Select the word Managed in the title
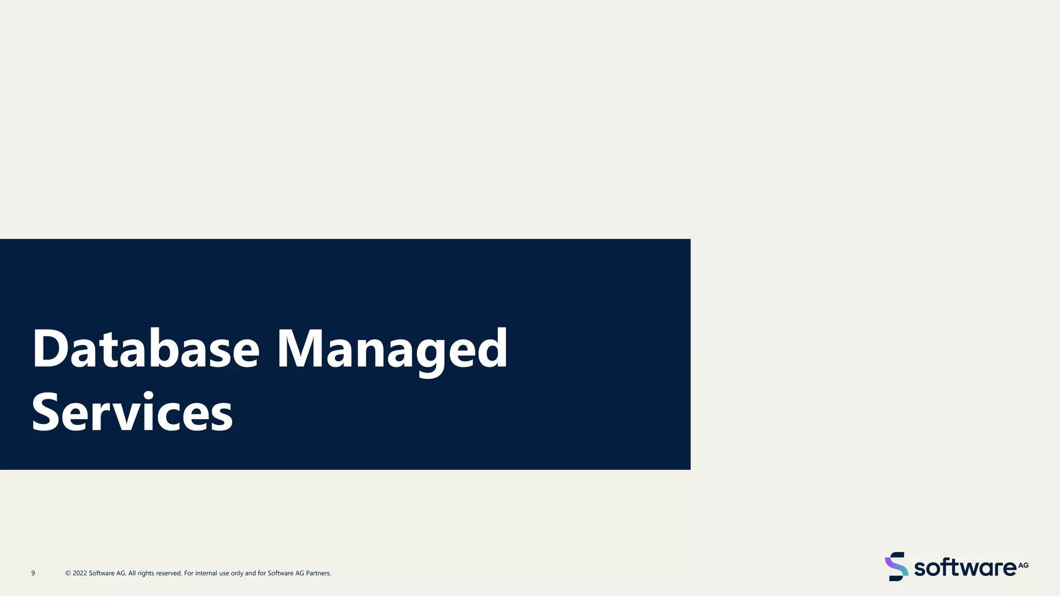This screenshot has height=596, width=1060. tap(392, 350)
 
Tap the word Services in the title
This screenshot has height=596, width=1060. tap(132, 412)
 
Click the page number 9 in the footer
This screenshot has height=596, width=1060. tap(33, 573)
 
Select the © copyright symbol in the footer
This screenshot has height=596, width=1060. tap(68, 573)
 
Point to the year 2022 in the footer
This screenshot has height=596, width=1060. tap(80, 573)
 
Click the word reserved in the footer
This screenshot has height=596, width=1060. tap(168, 573)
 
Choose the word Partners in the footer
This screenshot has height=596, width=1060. tap(318, 573)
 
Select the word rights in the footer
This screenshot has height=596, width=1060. tap(146, 573)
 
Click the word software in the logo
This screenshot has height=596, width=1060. tap(965, 568)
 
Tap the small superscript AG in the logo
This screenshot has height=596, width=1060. tap(1023, 565)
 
